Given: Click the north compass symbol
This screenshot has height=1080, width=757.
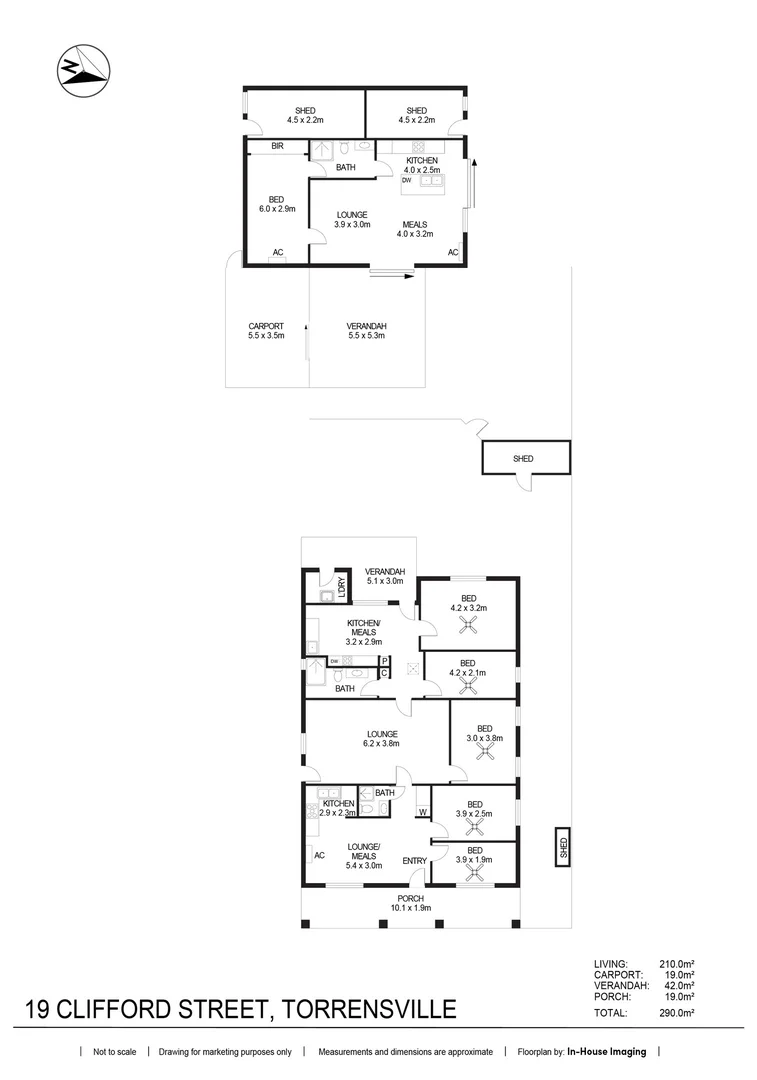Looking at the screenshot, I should [79, 71].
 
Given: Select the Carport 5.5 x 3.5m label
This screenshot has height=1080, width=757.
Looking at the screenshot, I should [266, 331].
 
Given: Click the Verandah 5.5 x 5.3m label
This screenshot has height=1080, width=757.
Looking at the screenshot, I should [366, 331].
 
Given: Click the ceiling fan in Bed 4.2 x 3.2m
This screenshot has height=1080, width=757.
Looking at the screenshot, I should [467, 626].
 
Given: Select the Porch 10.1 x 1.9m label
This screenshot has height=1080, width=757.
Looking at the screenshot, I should [411, 903].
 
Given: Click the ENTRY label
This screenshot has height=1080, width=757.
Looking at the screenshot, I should [414, 861].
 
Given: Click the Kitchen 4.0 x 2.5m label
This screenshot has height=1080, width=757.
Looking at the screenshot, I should [420, 165].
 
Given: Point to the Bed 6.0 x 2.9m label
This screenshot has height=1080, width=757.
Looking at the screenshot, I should [277, 204].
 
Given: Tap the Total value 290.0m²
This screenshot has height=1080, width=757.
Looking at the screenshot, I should [676, 1013].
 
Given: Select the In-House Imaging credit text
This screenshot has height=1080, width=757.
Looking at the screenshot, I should [606, 1052].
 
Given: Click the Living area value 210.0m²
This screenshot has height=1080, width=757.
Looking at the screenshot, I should [676, 963].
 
